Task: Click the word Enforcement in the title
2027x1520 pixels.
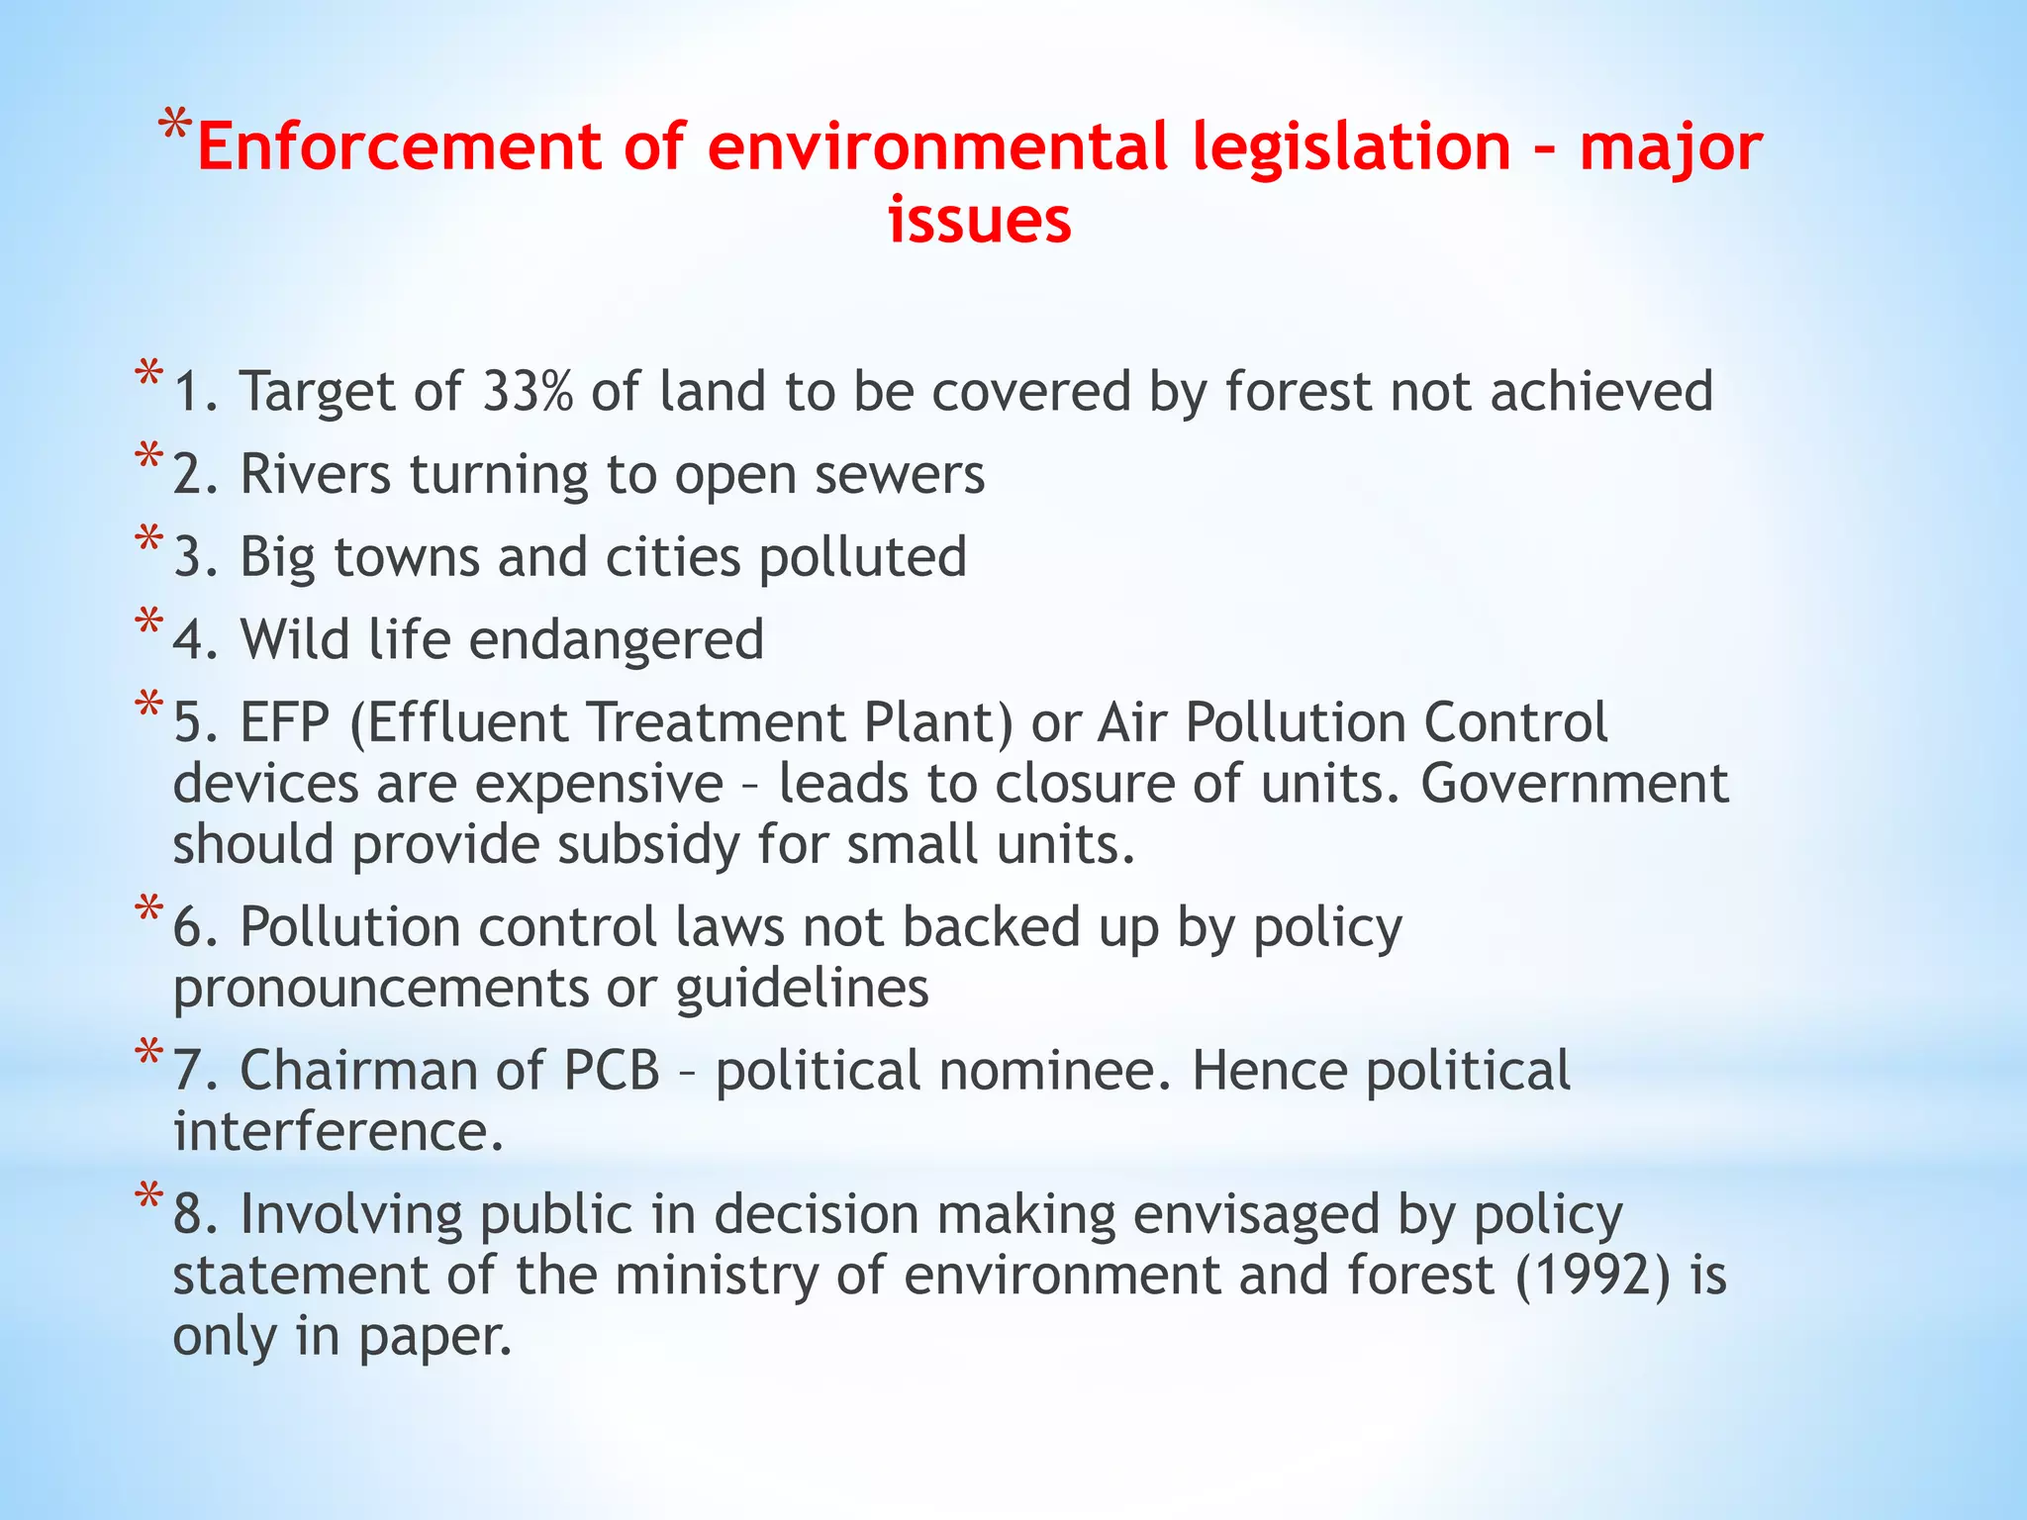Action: (x=399, y=146)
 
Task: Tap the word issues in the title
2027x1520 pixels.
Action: (x=979, y=220)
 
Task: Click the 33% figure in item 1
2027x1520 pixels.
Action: (x=528, y=391)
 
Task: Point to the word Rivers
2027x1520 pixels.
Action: (x=316, y=474)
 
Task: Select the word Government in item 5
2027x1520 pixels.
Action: (x=1575, y=784)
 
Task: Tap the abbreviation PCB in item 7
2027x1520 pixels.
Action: (x=612, y=1071)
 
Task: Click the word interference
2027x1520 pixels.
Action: (x=338, y=1132)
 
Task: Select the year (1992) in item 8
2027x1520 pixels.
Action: (x=1593, y=1275)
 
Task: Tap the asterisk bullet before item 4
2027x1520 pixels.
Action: (x=149, y=623)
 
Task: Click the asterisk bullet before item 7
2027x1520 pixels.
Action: (x=149, y=1054)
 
